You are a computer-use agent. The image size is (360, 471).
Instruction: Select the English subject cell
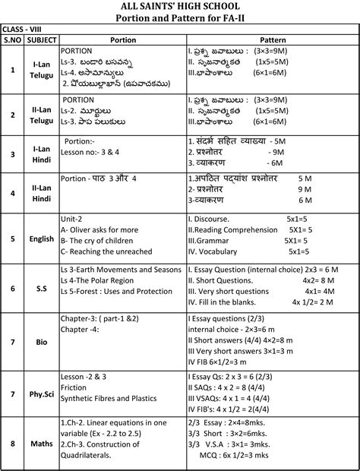(x=41, y=239)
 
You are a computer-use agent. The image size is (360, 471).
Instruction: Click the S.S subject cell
(x=41, y=289)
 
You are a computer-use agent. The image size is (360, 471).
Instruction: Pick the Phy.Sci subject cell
(x=41, y=394)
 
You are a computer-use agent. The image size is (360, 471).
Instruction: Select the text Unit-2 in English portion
(x=72, y=217)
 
